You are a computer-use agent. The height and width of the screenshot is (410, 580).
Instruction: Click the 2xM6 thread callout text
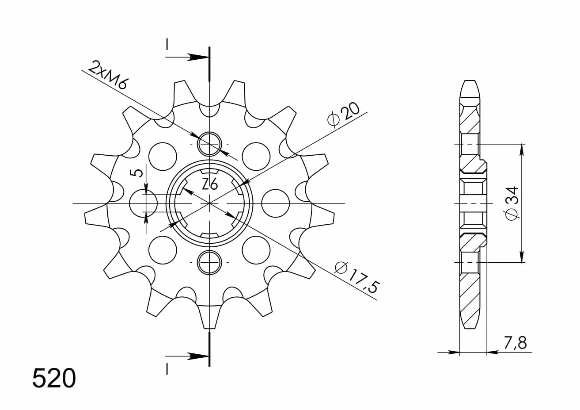[x=107, y=75]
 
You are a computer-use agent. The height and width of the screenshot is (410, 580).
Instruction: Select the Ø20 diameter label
[x=343, y=115]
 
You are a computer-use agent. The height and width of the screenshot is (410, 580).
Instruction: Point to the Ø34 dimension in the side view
[x=512, y=203]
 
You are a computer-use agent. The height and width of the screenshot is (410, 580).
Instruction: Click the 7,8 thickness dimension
[x=515, y=343]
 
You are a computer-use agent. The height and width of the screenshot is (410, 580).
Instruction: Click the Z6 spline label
[x=210, y=184]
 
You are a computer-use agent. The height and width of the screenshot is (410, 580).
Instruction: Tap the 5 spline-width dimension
[x=139, y=173]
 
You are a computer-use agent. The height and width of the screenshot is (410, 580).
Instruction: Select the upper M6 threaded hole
[x=209, y=144]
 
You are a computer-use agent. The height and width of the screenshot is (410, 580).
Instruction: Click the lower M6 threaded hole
[x=209, y=262]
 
